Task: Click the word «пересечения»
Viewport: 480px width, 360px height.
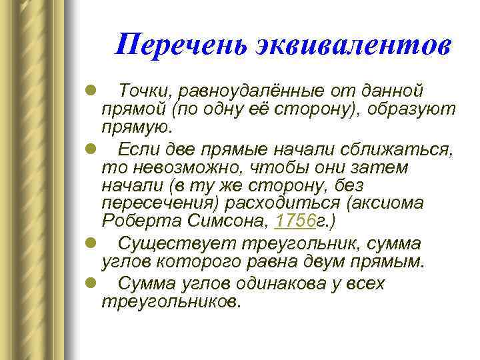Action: click(x=153, y=202)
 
